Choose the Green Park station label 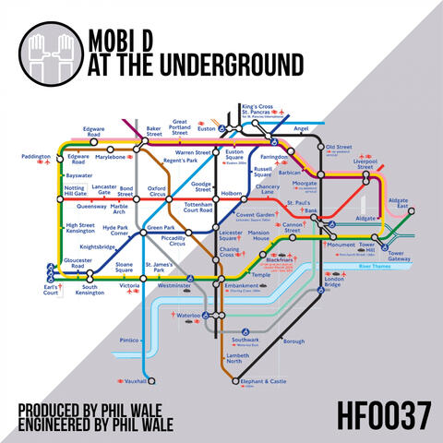click(x=162, y=228)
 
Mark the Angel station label click(x=301, y=130)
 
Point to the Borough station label click(x=294, y=341)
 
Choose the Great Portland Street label click(x=179, y=127)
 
